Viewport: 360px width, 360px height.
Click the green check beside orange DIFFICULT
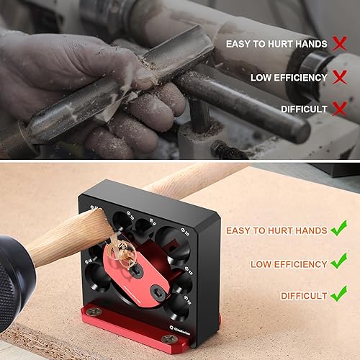point(338,295)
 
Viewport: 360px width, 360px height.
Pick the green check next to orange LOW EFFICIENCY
point(339,264)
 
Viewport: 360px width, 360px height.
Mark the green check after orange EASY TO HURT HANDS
point(339,230)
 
